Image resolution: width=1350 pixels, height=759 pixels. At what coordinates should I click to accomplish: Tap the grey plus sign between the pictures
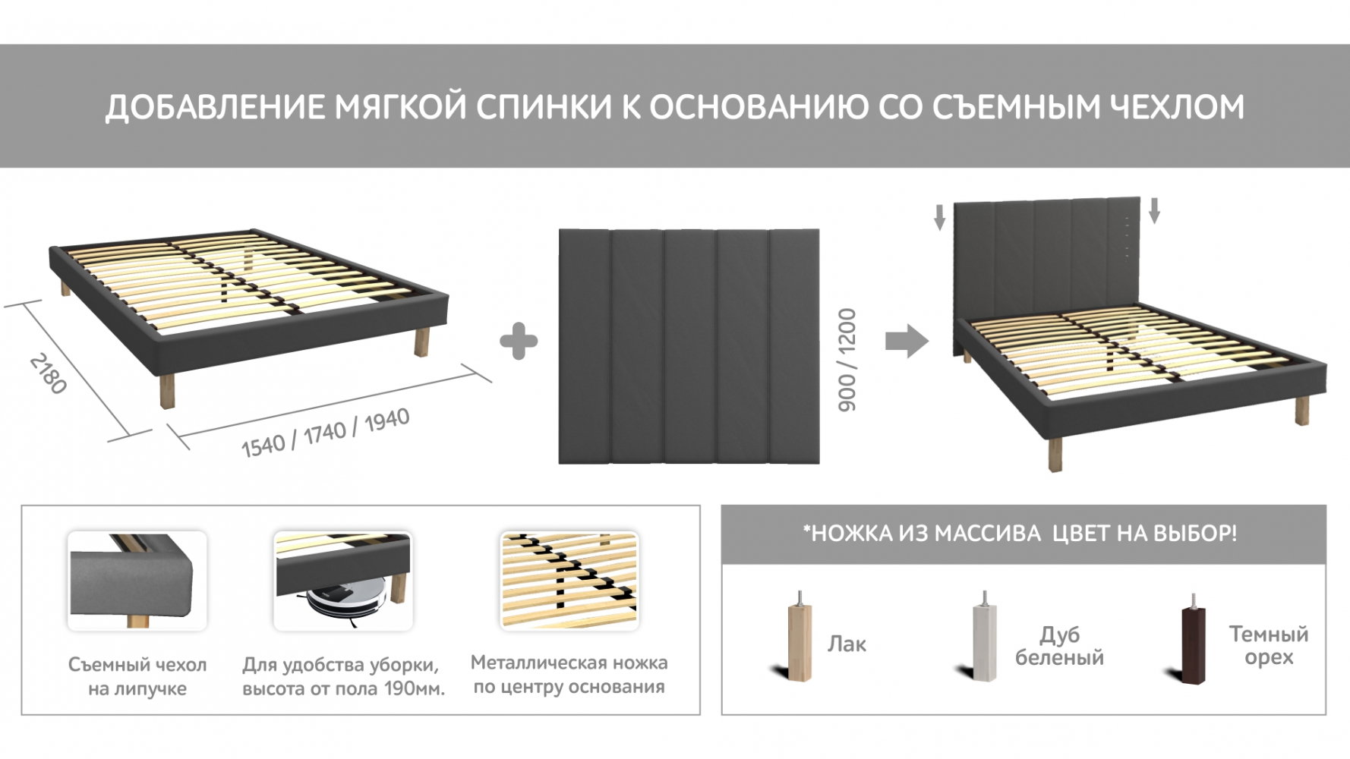519,341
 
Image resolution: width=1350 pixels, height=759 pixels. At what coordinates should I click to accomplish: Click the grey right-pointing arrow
907,341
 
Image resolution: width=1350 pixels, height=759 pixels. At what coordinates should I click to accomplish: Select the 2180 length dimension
48,373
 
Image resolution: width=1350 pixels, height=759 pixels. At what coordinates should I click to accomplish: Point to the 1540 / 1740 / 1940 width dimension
325,433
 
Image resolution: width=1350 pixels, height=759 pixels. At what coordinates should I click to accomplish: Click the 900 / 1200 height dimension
847,360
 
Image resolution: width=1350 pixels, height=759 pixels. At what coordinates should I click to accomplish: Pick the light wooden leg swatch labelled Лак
798,637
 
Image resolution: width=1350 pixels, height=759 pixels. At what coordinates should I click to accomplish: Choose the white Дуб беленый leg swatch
985,637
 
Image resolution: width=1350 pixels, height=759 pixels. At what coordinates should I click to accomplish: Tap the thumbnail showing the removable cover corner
137,581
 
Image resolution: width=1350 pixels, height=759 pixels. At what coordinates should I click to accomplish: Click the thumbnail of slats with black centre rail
569,581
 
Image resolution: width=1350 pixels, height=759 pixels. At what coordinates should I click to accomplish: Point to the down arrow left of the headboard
940,217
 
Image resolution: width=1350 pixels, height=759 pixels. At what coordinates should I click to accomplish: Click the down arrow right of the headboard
1154,210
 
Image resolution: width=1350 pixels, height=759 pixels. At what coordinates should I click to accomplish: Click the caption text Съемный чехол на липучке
137,676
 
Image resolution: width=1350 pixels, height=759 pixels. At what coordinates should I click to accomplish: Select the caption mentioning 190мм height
344,676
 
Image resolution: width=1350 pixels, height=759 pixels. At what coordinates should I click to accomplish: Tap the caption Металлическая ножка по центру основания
569,674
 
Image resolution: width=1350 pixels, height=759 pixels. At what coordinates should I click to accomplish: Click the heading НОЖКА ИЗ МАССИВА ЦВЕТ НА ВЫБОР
1020,534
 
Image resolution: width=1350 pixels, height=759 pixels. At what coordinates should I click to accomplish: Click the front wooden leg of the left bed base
166,390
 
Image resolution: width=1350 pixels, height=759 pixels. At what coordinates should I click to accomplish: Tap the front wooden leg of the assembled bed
1055,454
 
